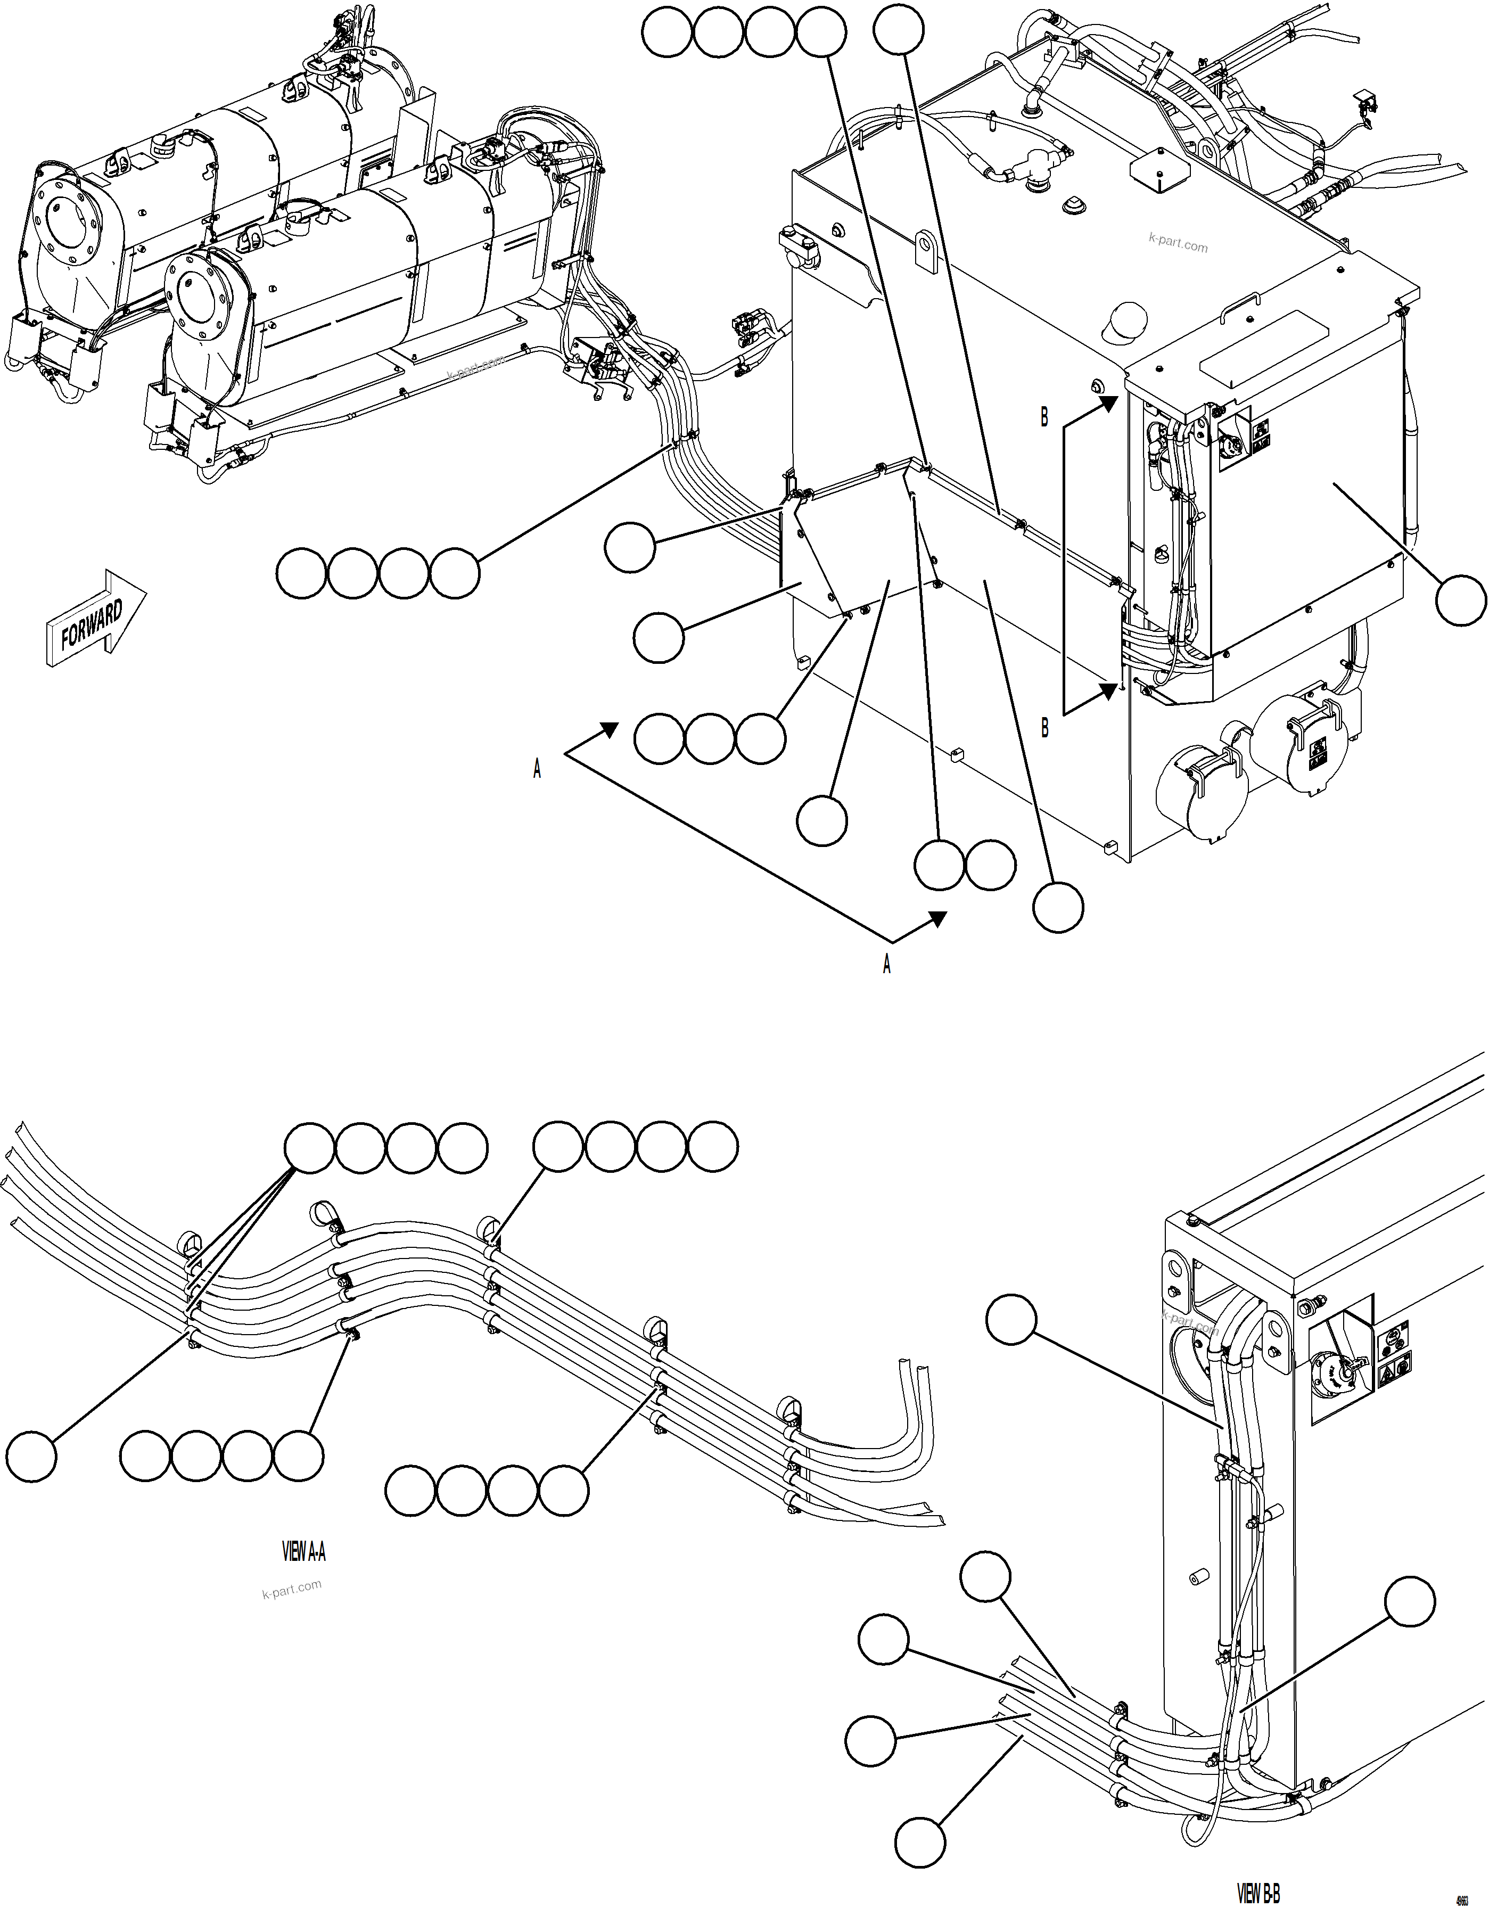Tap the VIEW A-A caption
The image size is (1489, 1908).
tap(303, 1551)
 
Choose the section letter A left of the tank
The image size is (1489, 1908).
tap(537, 769)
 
